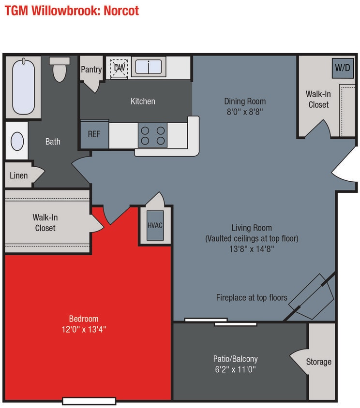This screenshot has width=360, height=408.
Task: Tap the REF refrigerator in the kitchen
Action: click(x=94, y=134)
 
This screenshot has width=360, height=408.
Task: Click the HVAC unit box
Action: click(x=155, y=225)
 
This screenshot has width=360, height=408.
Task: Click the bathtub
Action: click(x=23, y=87)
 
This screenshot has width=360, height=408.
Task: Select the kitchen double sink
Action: click(x=150, y=66)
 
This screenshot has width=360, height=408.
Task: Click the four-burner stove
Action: click(x=152, y=135)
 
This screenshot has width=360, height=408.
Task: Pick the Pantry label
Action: click(x=91, y=70)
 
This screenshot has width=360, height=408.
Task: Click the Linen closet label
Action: click(x=19, y=175)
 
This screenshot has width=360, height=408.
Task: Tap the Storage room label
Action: click(x=319, y=362)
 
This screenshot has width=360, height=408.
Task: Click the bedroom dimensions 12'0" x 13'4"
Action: click(x=84, y=330)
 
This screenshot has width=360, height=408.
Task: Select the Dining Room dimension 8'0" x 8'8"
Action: click(x=245, y=112)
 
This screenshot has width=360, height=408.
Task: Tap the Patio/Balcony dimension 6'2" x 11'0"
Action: click(x=235, y=370)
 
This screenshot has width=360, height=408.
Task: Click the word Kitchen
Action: click(x=143, y=101)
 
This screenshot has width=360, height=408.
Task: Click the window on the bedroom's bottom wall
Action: click(x=89, y=401)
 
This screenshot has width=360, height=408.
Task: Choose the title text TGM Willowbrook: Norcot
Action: click(x=72, y=11)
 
